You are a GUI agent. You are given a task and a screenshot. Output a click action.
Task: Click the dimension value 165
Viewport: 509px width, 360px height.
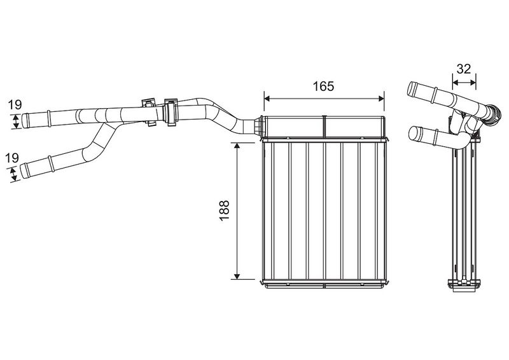[x=323, y=86]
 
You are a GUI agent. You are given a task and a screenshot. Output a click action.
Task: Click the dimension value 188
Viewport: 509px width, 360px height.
[x=225, y=211]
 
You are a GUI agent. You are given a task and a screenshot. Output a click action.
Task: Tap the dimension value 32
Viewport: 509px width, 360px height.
[x=464, y=69]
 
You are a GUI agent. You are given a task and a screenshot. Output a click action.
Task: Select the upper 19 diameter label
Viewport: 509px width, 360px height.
[x=15, y=105]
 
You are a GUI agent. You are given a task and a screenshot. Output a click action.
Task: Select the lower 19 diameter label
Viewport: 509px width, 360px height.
[x=12, y=158]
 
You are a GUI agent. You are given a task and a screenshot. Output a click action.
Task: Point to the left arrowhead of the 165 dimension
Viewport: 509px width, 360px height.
[x=267, y=99]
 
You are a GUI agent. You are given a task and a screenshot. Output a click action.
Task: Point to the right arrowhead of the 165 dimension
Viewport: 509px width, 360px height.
[x=381, y=99]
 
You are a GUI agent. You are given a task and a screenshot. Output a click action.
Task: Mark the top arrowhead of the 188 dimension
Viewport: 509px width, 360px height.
[x=237, y=146]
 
